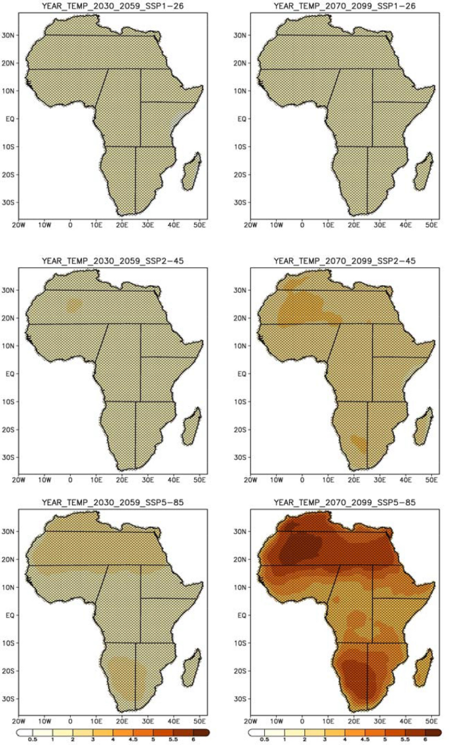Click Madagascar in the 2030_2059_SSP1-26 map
pyautogui.click(x=192, y=171)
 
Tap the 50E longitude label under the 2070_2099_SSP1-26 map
pyautogui.click(x=431, y=224)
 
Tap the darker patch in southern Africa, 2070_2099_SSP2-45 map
pyautogui.click(x=358, y=444)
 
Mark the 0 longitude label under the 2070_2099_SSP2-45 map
pyautogui.click(x=302, y=479)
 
